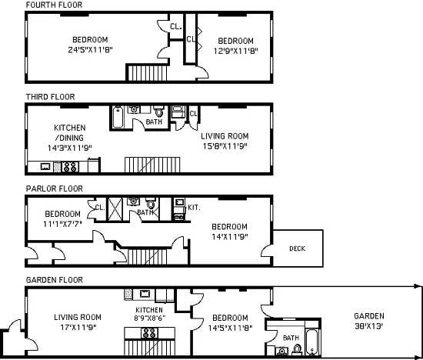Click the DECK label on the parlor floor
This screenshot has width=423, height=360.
tap(297, 248)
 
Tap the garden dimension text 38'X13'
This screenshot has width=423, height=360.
tap(368, 326)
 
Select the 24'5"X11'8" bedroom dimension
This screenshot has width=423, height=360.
tap(90, 51)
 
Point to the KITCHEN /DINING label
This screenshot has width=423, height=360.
tap(69, 132)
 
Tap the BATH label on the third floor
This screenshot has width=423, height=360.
tap(154, 122)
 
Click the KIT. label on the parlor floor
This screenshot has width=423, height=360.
tap(194, 207)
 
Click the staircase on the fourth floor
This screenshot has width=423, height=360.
tap(142, 73)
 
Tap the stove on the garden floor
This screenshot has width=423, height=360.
tap(149, 333)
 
